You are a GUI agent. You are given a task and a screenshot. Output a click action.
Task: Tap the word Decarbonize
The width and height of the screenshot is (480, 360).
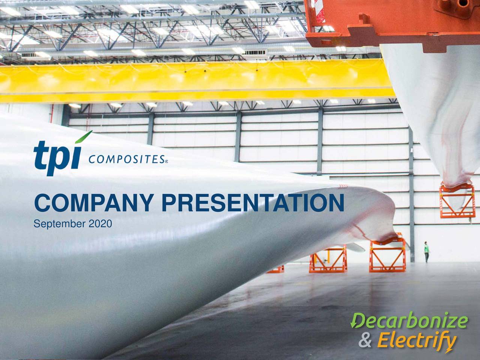coord(409,322)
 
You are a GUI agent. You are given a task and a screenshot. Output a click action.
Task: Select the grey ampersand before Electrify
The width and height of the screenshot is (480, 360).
coord(366,342)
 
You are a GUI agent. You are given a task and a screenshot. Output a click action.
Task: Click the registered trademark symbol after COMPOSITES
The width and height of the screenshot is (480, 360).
coord(166,162)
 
